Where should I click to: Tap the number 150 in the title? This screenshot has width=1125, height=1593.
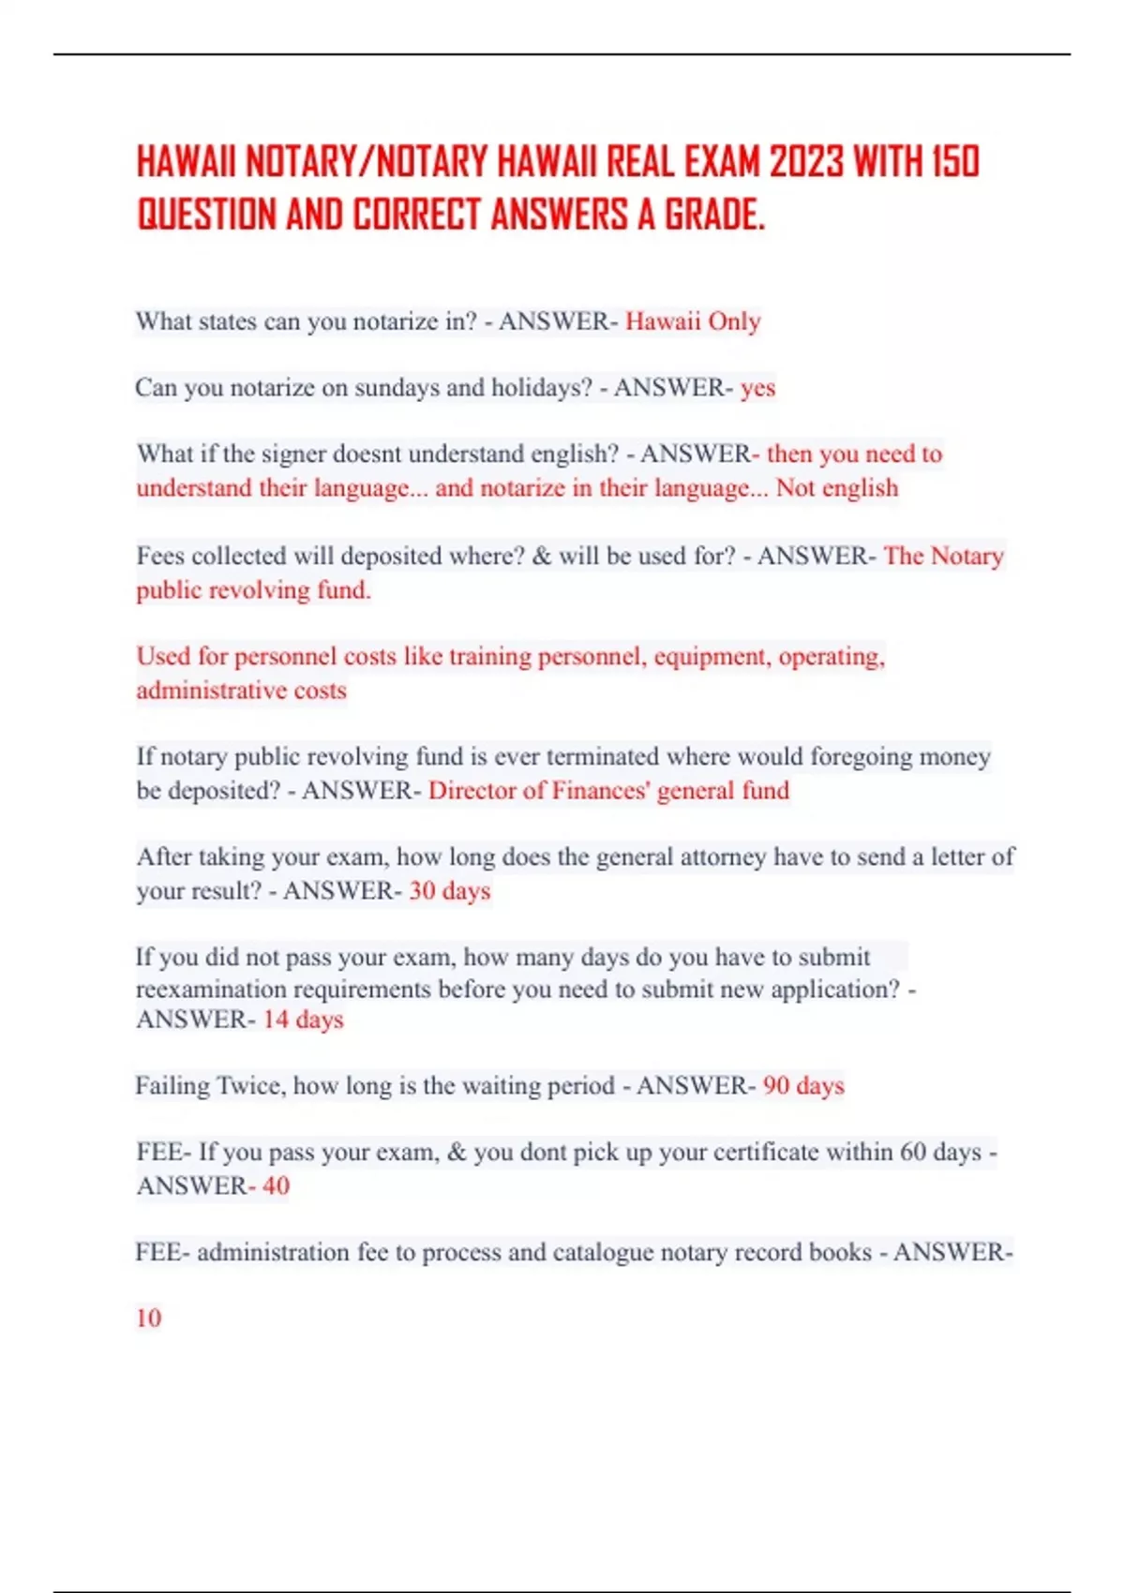[x=955, y=161]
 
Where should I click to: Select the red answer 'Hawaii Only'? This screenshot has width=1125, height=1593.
[x=693, y=321]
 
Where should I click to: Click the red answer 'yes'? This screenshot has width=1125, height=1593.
[x=757, y=388]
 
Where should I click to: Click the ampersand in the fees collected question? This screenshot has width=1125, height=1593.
[x=541, y=556]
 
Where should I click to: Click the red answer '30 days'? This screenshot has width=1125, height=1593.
[x=449, y=891]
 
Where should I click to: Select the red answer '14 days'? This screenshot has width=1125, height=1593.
[x=303, y=1020]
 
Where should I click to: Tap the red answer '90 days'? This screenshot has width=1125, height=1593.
[x=803, y=1086]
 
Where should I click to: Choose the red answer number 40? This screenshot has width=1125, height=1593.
[x=276, y=1186]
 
